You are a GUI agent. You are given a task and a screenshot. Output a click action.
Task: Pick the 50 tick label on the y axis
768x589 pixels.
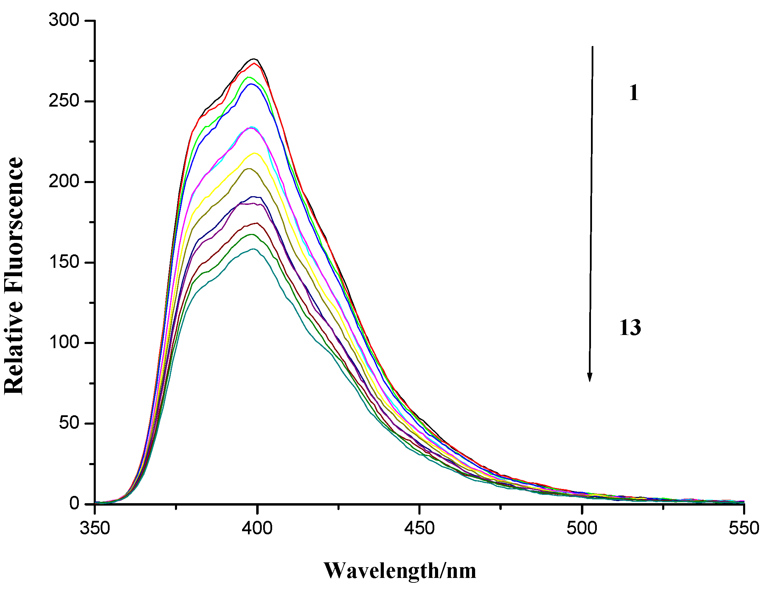tap(69, 423)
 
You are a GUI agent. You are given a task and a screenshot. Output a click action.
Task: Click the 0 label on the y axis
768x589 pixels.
tap(74, 504)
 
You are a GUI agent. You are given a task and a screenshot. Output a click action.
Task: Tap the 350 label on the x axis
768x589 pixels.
tap(95, 528)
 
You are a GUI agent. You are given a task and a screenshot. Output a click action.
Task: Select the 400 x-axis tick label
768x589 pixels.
tap(257, 528)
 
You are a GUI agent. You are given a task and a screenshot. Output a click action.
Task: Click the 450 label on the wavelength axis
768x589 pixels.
tap(419, 528)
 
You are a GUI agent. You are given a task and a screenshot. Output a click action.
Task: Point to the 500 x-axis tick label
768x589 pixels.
tap(582, 528)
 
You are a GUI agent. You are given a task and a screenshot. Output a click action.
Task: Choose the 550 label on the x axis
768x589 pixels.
tap(744, 528)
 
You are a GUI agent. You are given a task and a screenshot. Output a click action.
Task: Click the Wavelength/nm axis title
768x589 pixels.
tap(400, 571)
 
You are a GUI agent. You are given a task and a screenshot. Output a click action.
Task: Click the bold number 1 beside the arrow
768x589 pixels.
tap(634, 93)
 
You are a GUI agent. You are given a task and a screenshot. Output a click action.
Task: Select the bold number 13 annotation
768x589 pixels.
tap(630, 328)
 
